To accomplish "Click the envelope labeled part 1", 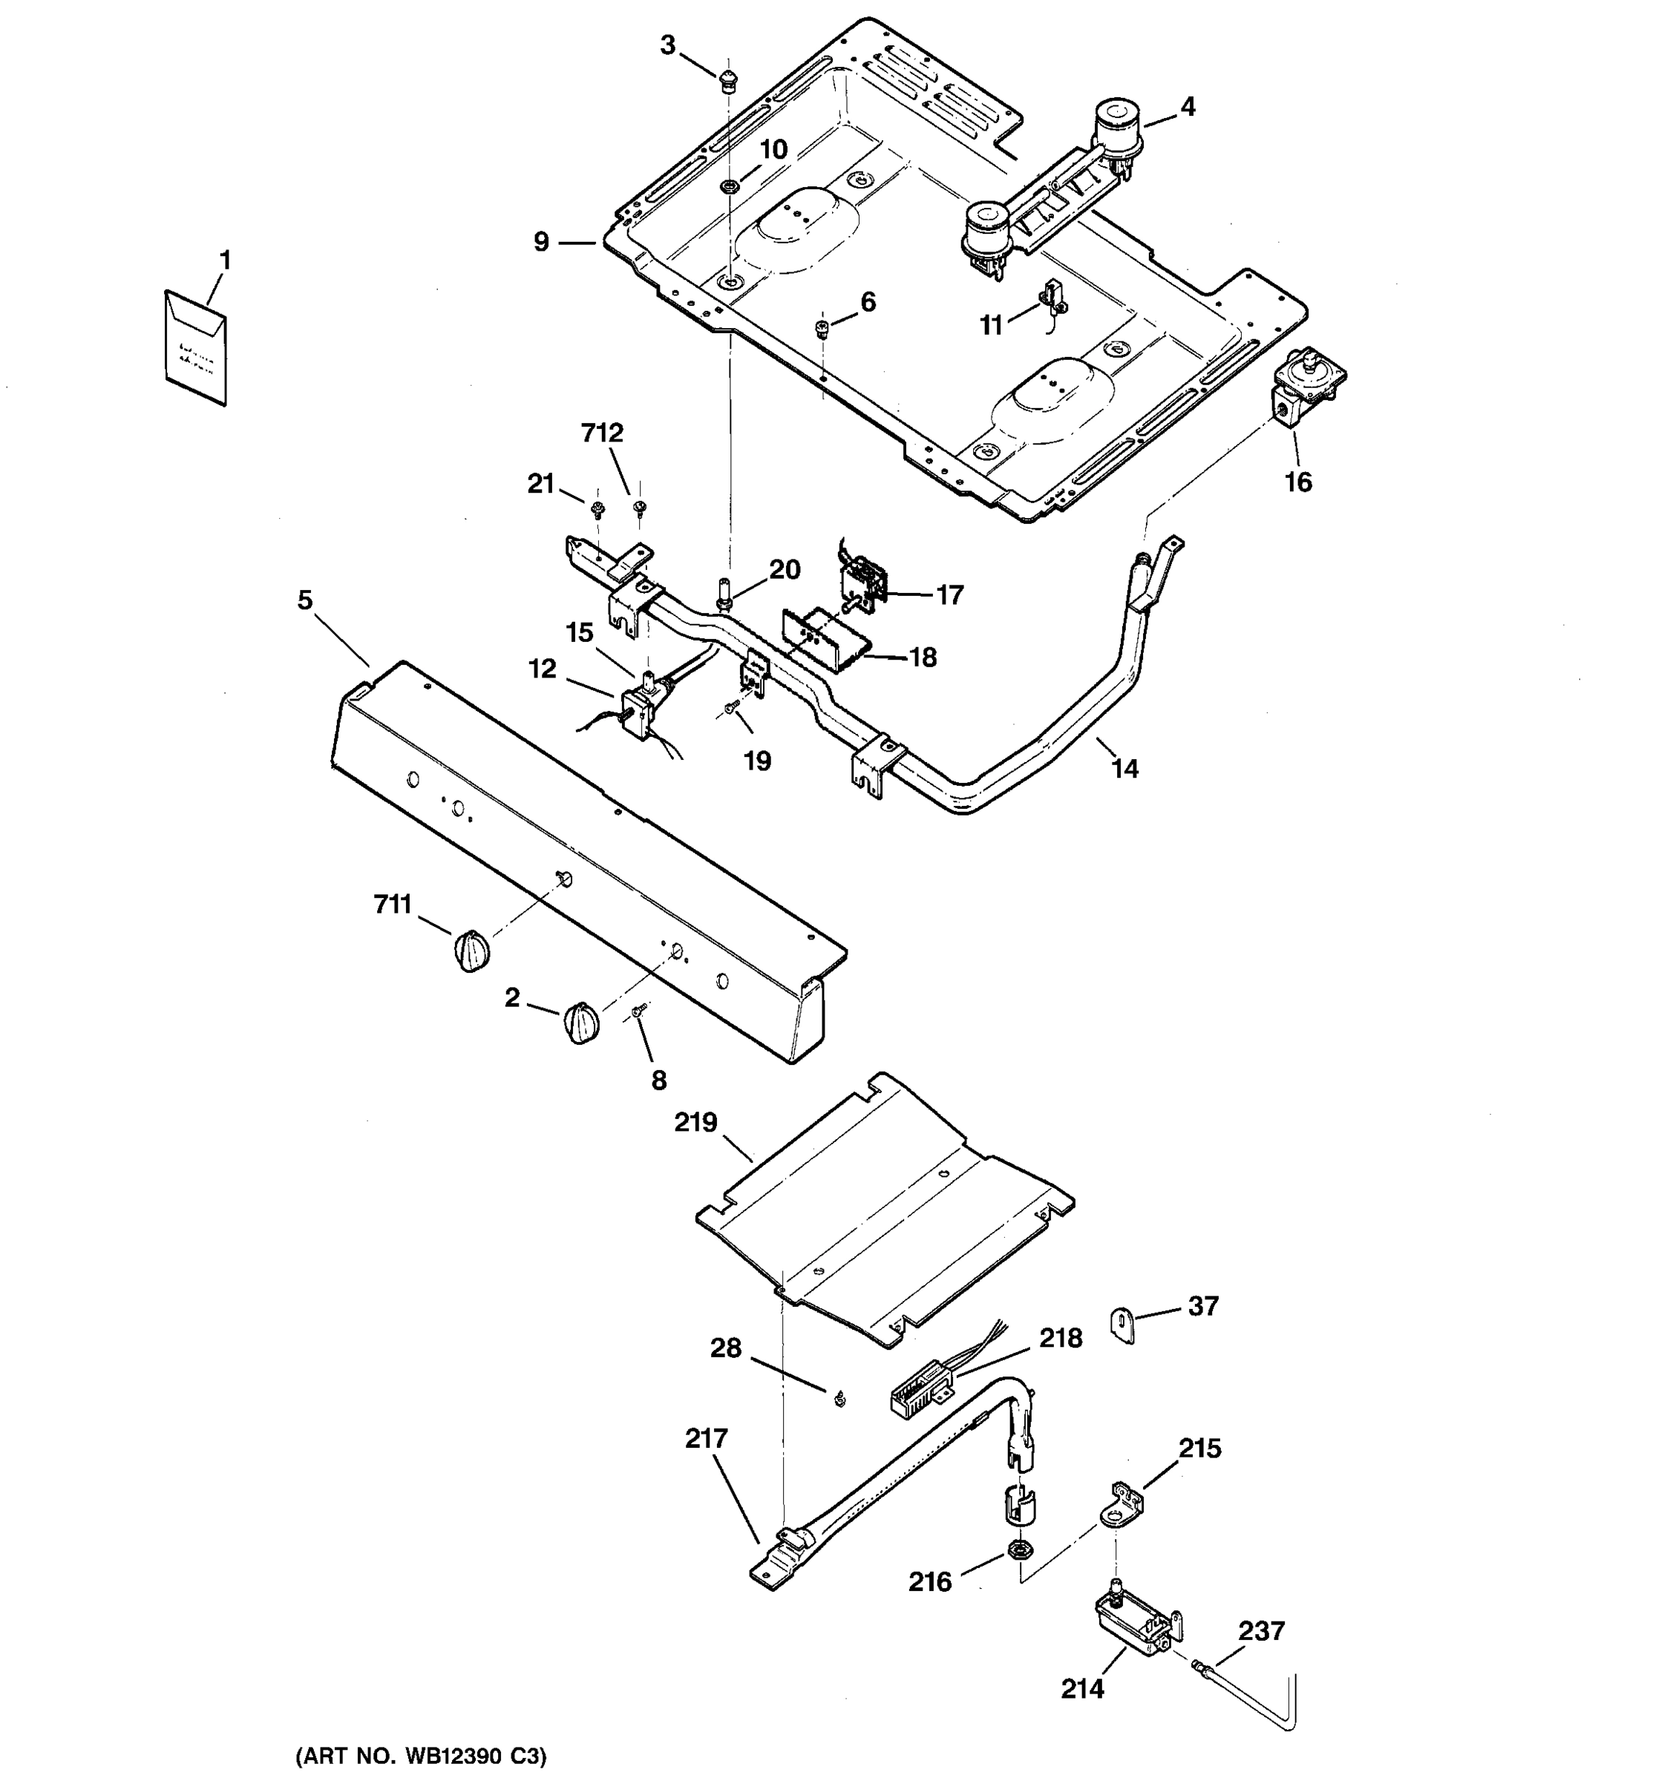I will [195, 347].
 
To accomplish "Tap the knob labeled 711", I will [470, 950].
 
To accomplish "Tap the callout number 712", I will [602, 433].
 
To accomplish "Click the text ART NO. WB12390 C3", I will [420, 1756].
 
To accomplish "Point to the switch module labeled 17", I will [862, 583].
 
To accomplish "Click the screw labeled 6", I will [821, 329].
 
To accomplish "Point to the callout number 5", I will [306, 600].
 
